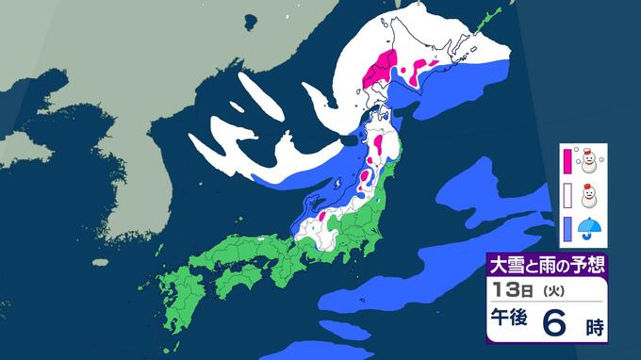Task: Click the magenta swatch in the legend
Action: [x=567, y=161]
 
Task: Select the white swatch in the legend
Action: [x=567, y=194]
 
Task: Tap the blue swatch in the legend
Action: [x=567, y=227]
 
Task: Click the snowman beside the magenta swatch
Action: [x=590, y=162]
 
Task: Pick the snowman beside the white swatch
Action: [x=590, y=195]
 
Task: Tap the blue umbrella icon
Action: [x=590, y=227]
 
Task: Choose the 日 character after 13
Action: [x=521, y=288]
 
